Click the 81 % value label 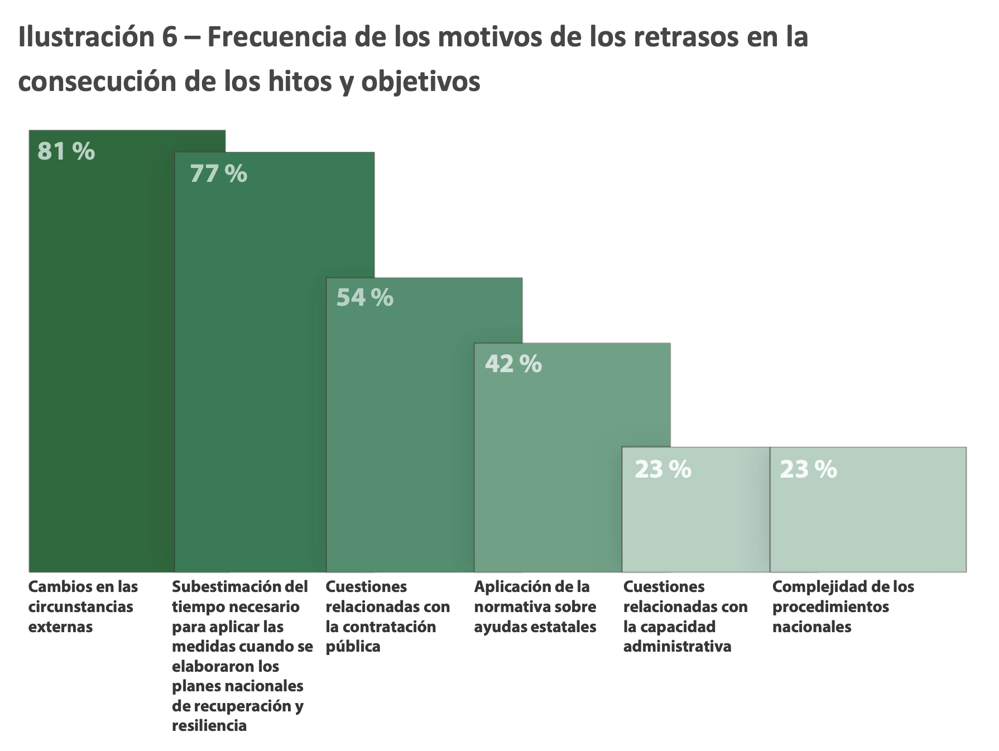66,151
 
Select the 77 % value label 218,174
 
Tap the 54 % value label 364,297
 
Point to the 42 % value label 513,364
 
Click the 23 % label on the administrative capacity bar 662,470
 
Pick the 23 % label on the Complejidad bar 808,470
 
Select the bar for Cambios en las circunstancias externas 100,363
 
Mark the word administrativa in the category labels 677,647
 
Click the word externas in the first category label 60,627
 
